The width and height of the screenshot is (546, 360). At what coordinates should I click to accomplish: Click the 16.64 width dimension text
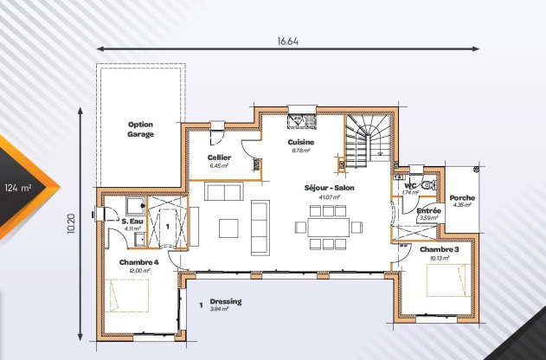pos(288,41)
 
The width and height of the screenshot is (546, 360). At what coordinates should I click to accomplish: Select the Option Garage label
pos(140,130)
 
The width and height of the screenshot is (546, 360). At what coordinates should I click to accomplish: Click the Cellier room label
pos(220,157)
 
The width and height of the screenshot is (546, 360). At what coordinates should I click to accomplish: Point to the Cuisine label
pos(301,142)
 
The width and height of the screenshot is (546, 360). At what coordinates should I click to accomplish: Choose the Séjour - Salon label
pos(329,188)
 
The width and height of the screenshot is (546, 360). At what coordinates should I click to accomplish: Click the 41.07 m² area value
pos(329,197)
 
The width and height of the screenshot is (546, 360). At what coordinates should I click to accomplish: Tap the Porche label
pos(462,197)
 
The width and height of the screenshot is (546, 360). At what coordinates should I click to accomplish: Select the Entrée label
pos(429,210)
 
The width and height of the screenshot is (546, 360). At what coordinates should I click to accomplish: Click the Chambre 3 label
pos(440,249)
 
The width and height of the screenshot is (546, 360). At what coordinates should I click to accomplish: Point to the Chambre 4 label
pos(138,262)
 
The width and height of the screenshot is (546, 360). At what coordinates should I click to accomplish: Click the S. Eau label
pos(132,222)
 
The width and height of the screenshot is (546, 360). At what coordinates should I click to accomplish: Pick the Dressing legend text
pos(225,301)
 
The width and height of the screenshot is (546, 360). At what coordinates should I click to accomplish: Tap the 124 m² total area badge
pos(18,187)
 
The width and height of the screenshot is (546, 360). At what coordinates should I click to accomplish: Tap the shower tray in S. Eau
pos(134,204)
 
